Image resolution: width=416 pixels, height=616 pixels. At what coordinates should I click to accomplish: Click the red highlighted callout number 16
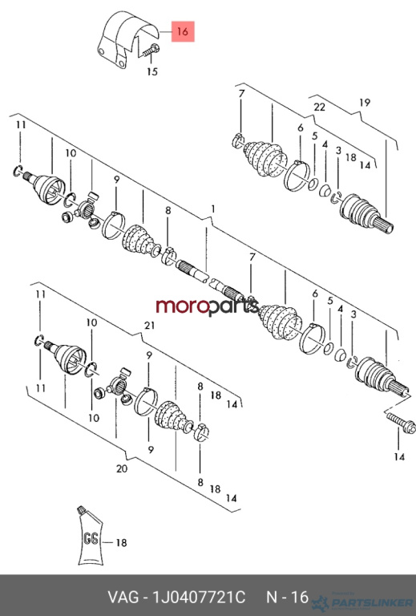point(183,31)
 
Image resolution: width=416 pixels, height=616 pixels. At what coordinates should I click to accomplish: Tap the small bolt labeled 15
point(151,51)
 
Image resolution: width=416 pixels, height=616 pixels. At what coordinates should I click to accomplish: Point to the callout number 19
point(365,103)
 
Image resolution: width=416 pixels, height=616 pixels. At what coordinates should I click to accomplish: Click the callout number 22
point(320,107)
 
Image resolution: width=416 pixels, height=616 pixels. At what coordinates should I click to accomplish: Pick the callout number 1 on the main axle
point(213,209)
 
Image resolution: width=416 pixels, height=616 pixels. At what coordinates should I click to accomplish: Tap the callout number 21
point(150,326)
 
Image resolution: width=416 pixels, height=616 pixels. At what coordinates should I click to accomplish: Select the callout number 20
point(122,468)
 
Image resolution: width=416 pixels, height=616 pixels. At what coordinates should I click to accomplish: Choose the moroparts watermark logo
point(208,306)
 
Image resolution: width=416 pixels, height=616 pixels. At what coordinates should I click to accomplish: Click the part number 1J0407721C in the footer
point(199,597)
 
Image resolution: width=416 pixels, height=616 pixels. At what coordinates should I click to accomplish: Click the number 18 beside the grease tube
point(121,543)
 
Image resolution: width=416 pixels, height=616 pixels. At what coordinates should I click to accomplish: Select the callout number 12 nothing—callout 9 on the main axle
point(116,180)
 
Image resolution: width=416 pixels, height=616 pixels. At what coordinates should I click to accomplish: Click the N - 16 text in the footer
point(288,597)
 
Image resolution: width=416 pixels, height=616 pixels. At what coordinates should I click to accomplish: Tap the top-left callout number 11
point(21,125)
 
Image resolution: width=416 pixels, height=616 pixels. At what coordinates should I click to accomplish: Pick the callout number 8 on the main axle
point(168,211)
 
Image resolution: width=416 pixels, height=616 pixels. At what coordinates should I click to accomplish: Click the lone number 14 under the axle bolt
point(399,457)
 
